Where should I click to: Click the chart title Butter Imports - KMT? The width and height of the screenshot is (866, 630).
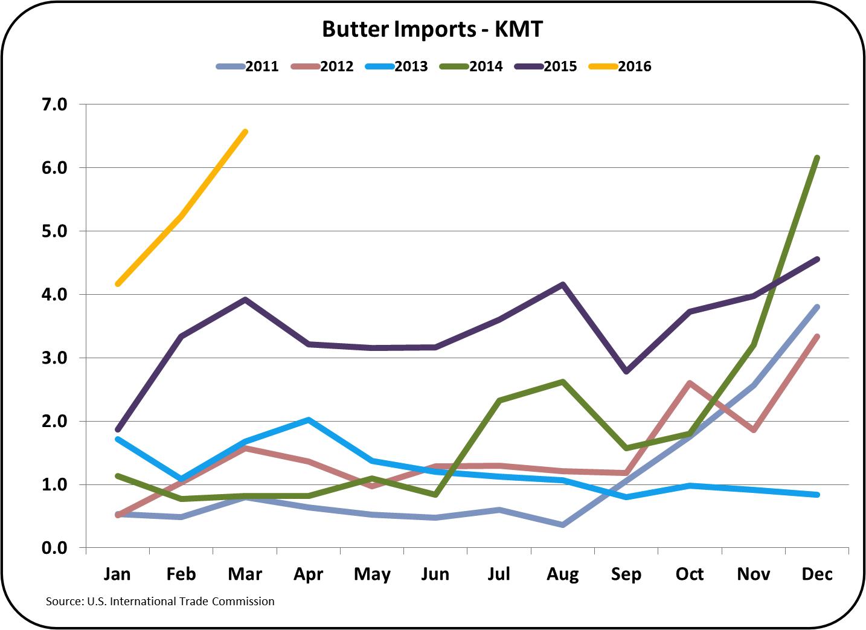click(432, 29)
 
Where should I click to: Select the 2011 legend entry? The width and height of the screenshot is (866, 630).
click(248, 66)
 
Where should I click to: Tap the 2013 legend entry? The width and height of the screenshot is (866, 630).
click(397, 66)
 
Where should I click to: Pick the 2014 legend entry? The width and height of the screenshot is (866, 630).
click(472, 66)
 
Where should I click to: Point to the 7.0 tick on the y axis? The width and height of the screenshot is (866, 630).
click(54, 104)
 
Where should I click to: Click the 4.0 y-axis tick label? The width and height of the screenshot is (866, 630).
click(54, 295)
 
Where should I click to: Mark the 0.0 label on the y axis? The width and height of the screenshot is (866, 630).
click(54, 548)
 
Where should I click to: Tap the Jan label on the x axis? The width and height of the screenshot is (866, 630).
click(117, 574)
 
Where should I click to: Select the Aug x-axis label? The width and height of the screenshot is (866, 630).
click(562, 574)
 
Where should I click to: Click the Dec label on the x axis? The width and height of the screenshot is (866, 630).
click(817, 574)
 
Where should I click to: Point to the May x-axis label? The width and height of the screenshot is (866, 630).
click(372, 574)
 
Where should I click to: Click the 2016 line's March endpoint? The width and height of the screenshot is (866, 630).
click(245, 132)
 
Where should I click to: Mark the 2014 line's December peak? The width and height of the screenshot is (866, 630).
click(817, 158)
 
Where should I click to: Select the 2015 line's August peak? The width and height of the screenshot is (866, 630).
click(563, 284)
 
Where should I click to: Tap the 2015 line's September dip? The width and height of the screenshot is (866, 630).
click(626, 371)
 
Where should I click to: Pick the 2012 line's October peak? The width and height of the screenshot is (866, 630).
click(690, 383)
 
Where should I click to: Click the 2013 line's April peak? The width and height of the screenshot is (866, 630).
click(309, 420)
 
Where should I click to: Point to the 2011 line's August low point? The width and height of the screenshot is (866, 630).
click(563, 525)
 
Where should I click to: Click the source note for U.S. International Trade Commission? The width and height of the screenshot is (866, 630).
click(160, 602)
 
